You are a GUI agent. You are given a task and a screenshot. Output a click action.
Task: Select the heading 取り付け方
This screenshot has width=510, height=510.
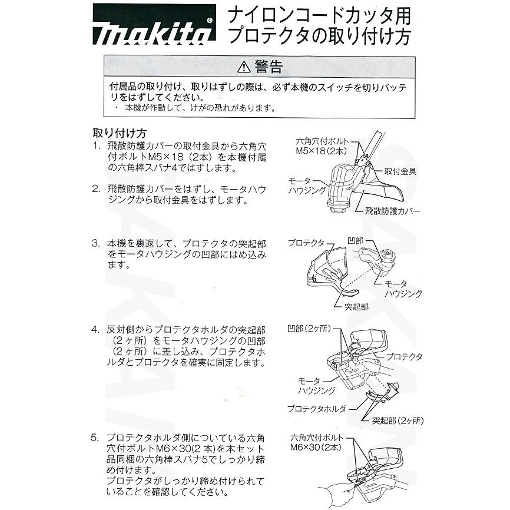coord(120,133)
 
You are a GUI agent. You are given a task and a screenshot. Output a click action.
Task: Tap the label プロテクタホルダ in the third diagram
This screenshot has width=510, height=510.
coord(317,408)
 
